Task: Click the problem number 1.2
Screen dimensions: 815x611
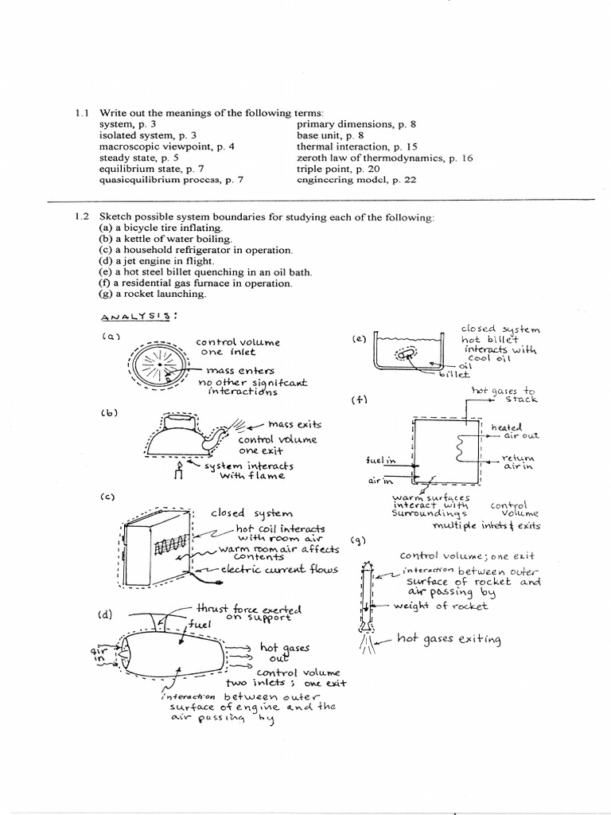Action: (80, 217)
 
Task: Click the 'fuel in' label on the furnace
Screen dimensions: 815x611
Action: (380, 461)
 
